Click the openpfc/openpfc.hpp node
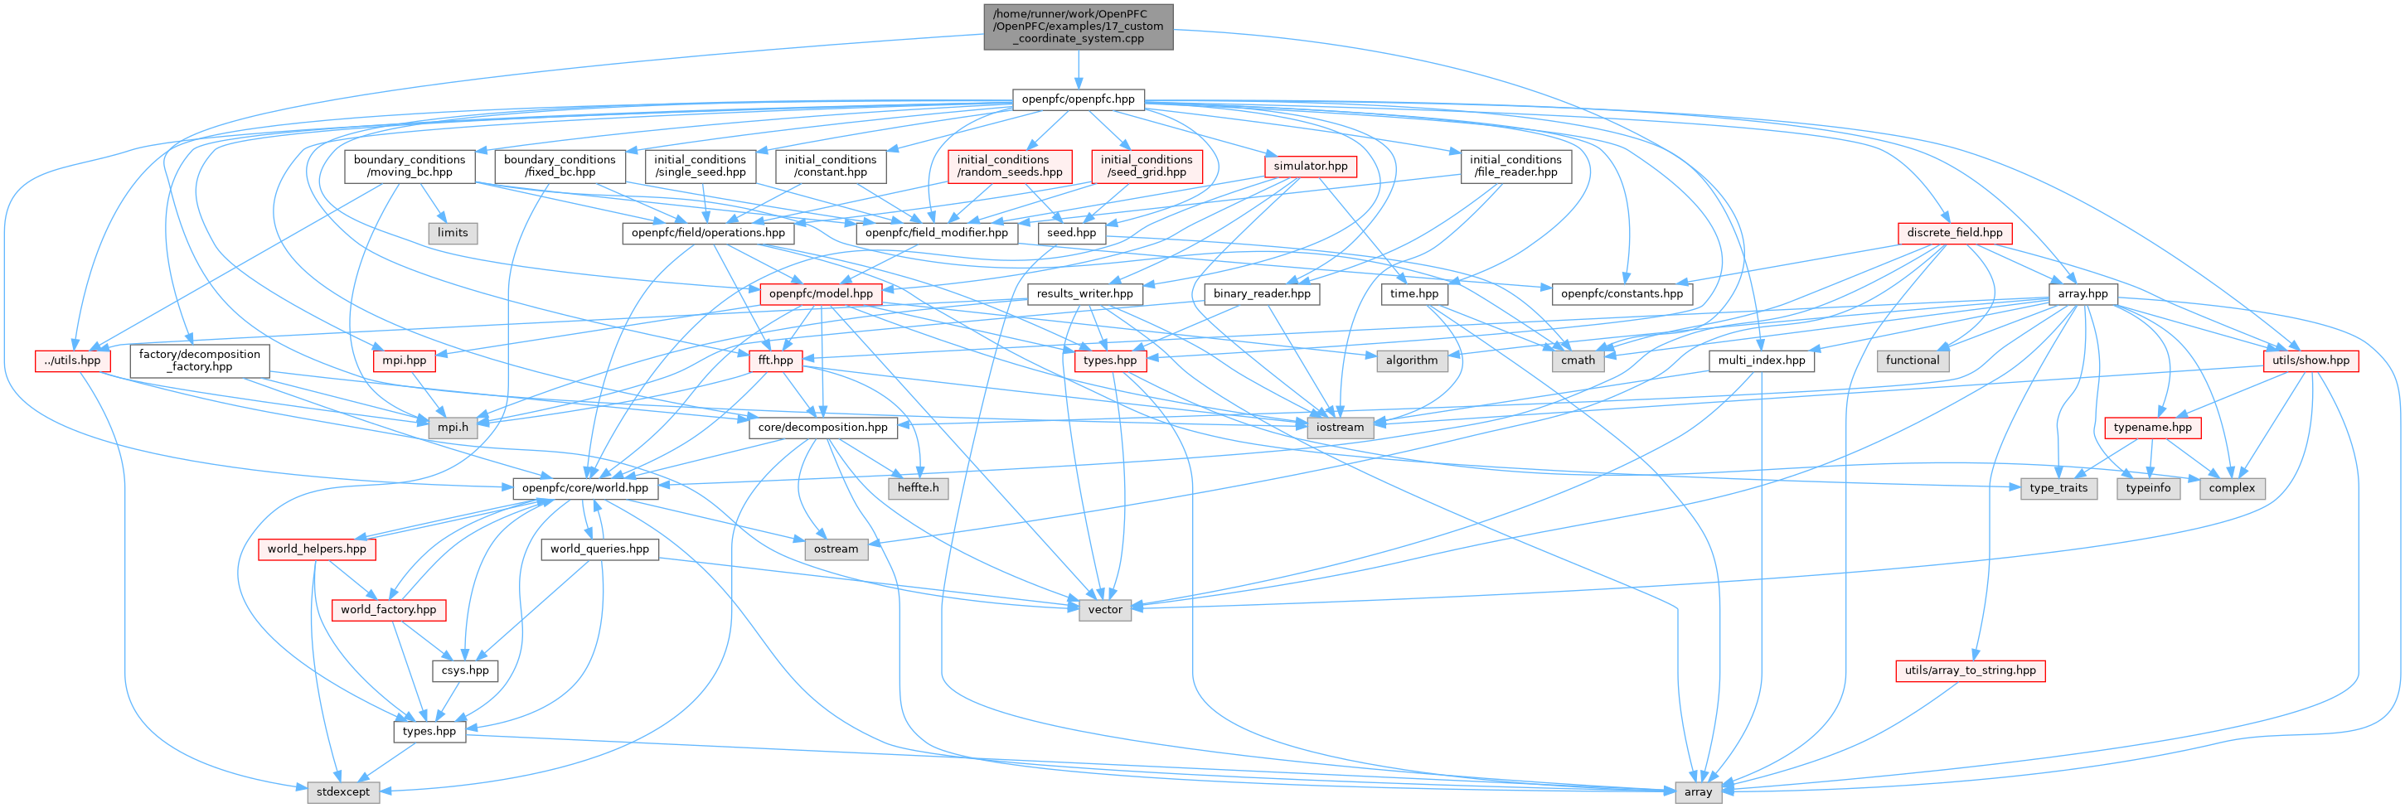tap(1078, 99)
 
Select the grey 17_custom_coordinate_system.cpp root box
tap(1078, 27)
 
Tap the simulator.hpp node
tap(1310, 166)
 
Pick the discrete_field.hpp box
tap(1954, 232)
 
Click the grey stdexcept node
tap(342, 791)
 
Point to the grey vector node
tap(1104, 609)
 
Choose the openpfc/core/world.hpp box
tap(584, 488)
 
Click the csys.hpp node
tap(465, 670)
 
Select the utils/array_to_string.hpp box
tap(1970, 670)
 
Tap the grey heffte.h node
tap(918, 488)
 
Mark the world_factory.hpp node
tap(388, 609)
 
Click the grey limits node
tap(453, 232)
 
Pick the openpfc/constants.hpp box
tap(1622, 293)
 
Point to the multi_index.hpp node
tap(1761, 360)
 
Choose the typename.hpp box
tap(2153, 428)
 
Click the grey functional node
tap(1912, 360)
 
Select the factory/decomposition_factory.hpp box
tap(200, 360)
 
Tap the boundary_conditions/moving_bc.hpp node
tap(409, 166)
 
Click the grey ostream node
tap(836, 549)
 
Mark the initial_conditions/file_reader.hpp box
tap(1515, 166)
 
